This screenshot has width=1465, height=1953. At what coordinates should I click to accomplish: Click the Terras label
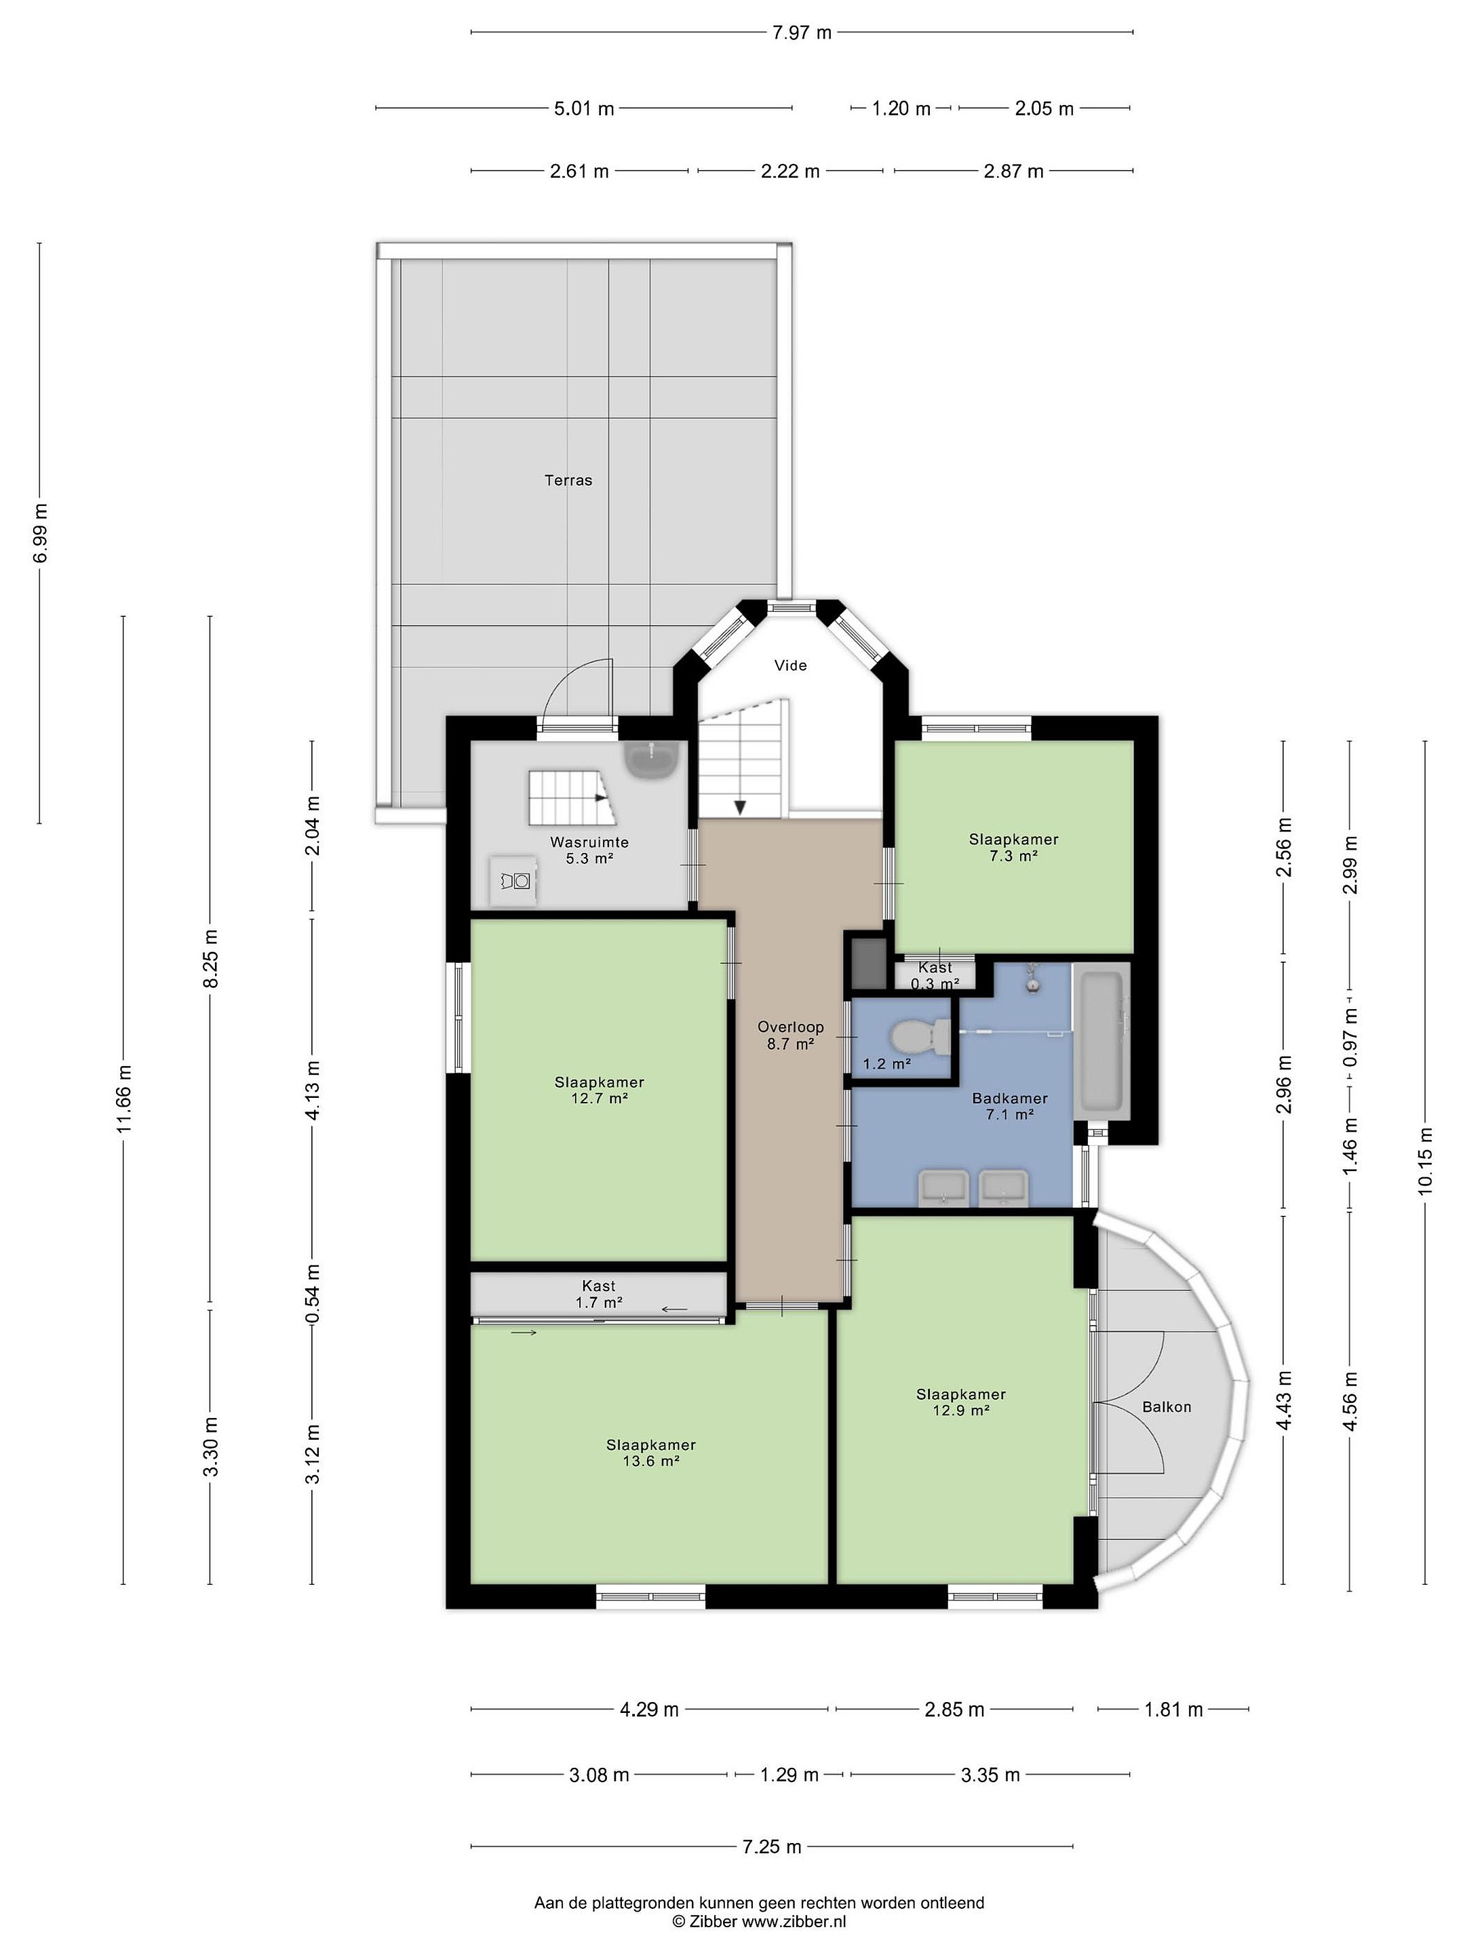coord(568,480)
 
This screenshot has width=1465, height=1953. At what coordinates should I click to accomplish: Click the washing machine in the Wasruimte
coord(514,880)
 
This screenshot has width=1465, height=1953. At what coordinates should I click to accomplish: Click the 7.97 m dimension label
coord(802,33)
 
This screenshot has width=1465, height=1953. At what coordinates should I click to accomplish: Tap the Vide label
coord(790,666)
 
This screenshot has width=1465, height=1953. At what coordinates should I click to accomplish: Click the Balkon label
coord(1167,1407)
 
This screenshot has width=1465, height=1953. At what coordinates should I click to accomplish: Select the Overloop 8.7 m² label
coord(790,1035)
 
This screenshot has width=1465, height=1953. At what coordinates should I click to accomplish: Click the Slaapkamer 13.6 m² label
coord(651,1453)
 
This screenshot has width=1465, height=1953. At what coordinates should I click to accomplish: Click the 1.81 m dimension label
coord(1173,1710)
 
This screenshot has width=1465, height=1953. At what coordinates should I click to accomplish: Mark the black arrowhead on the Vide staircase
coord(741,807)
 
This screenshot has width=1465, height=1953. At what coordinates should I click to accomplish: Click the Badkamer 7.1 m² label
coord(1009,1106)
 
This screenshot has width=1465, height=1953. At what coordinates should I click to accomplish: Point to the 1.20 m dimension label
coord(901,108)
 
